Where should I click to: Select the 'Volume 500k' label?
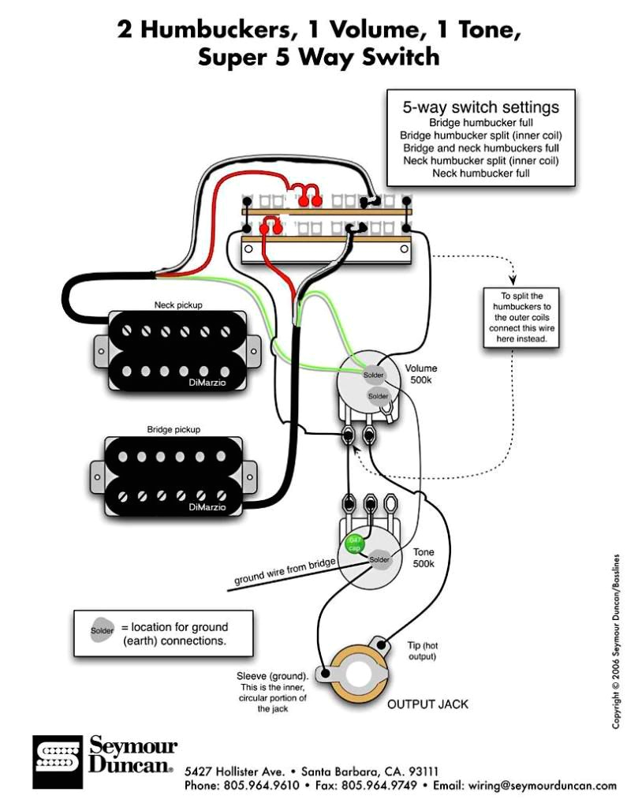pos(420,374)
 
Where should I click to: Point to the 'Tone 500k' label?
pos(423,559)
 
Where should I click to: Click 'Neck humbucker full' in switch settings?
pos(480,173)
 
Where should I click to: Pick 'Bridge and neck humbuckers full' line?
pos(480,148)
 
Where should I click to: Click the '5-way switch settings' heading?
pos(480,107)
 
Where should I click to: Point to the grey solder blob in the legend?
pos(101,630)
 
